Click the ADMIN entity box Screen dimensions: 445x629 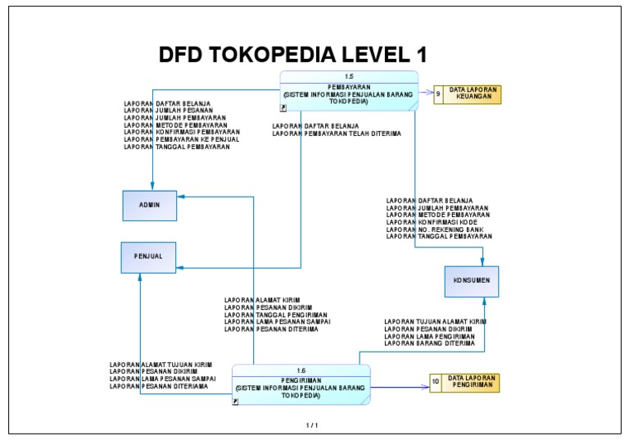click(x=150, y=205)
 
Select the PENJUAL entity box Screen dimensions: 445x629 click(x=148, y=257)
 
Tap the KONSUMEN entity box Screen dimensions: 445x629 click(x=471, y=280)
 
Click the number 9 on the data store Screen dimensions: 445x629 click(x=438, y=94)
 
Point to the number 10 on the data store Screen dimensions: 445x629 click(x=436, y=383)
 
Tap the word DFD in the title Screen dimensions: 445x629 click(x=181, y=56)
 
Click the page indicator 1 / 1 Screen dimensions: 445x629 click(x=311, y=425)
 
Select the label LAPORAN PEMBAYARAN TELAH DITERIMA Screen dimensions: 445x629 click(x=337, y=133)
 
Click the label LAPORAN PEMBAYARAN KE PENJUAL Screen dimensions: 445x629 click(x=181, y=139)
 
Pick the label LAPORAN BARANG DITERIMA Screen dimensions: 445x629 click(x=429, y=343)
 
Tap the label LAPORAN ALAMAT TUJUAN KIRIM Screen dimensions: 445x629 click(x=161, y=365)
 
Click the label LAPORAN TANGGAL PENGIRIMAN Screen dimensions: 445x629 click(x=276, y=315)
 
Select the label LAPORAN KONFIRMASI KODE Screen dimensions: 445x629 click(x=432, y=222)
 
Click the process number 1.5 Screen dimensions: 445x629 click(x=349, y=76)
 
